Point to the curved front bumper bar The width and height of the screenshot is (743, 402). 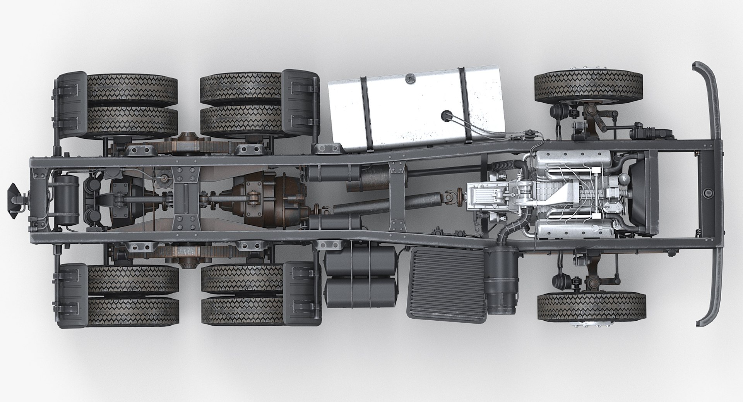tap(711, 194)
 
